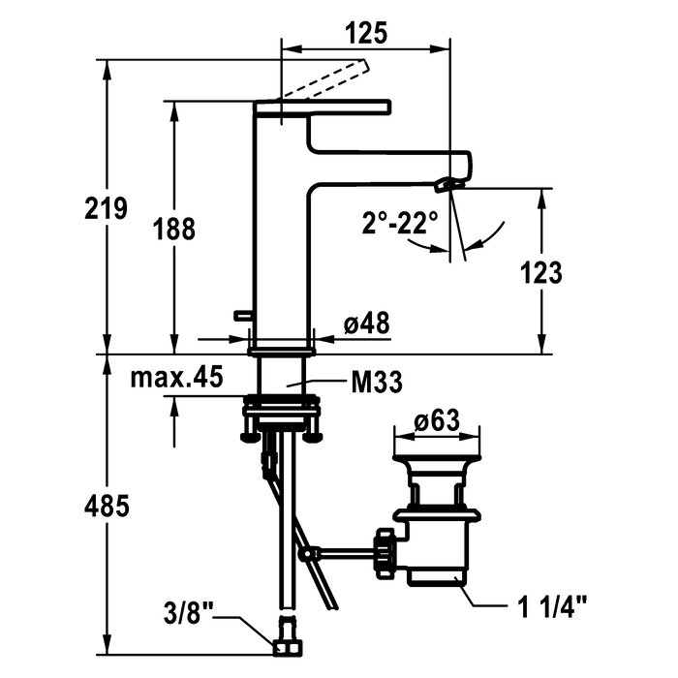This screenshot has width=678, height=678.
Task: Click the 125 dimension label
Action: pos(366,34)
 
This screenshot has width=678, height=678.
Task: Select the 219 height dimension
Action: pos(106,208)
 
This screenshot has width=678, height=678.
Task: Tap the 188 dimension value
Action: pos(173,229)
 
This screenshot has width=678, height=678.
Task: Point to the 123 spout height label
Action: pos(540,273)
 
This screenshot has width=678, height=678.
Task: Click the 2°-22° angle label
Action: pos(400,222)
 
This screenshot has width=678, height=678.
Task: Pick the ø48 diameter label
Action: pos(367,323)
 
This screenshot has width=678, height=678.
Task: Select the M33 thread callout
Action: pos(377,383)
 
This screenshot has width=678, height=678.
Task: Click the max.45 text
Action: pos(177,377)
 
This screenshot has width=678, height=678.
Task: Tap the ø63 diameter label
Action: pos(437,420)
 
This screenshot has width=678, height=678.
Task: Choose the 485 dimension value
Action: pos(107,506)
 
